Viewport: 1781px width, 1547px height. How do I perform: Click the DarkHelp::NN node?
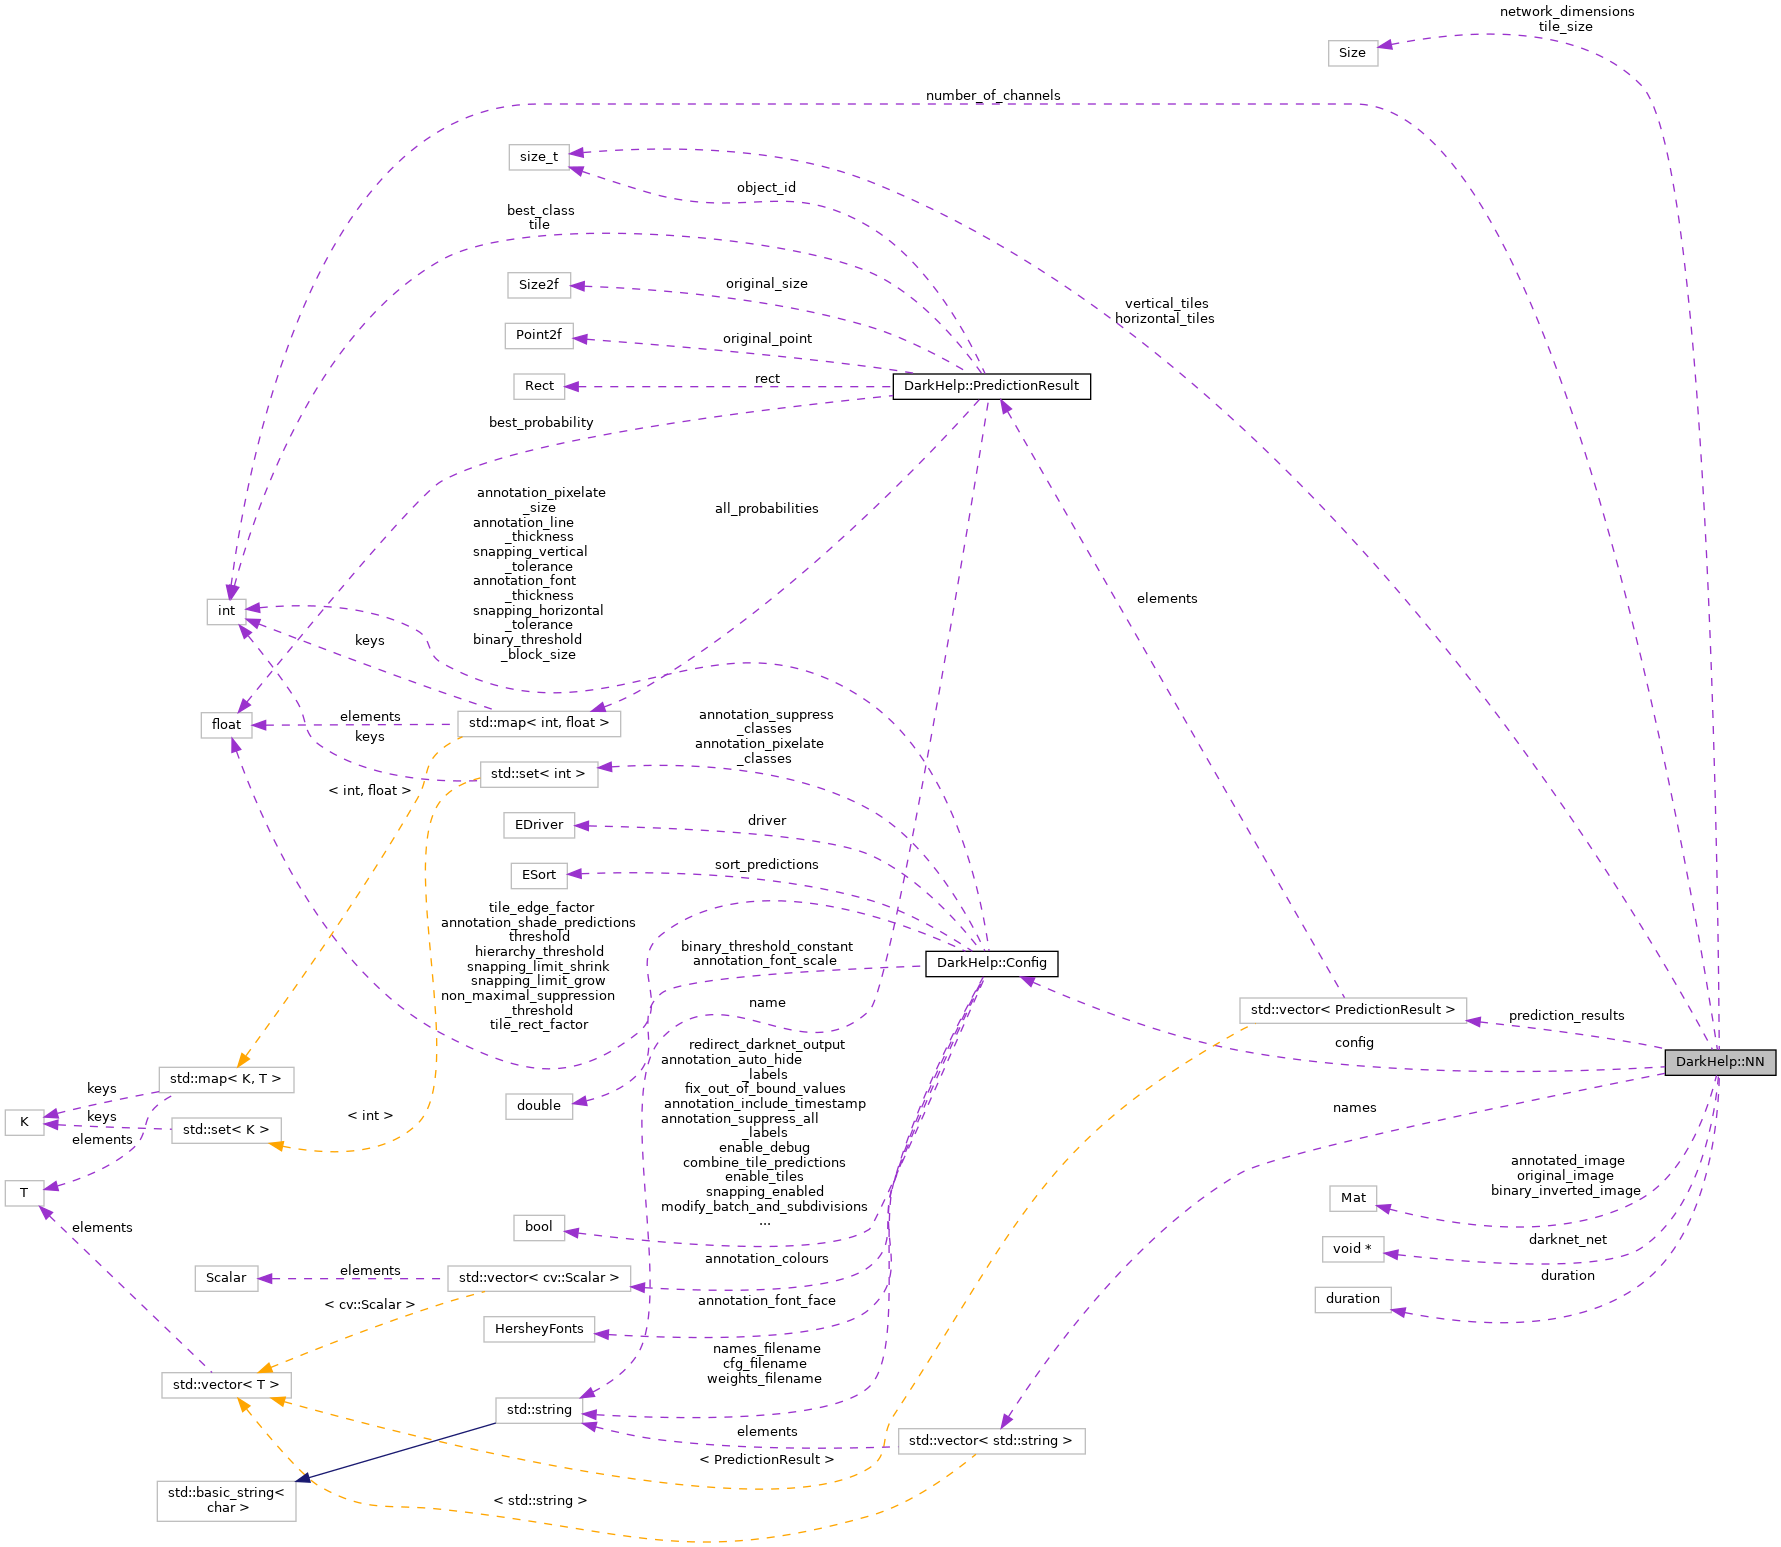tap(1719, 1062)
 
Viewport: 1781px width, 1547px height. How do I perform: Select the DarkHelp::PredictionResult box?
tap(991, 386)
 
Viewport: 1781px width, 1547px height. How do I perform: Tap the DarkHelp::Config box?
tap(991, 963)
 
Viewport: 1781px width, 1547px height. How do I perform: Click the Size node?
tap(1352, 53)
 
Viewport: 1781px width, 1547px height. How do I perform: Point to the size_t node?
tap(539, 157)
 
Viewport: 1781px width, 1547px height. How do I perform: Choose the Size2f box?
tap(538, 285)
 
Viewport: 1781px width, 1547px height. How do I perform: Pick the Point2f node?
tap(539, 335)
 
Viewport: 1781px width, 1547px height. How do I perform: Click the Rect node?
tap(539, 386)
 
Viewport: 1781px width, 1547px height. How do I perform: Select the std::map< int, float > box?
tap(538, 723)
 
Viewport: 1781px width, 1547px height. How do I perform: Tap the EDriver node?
tap(539, 825)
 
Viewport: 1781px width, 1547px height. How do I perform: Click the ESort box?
tap(539, 875)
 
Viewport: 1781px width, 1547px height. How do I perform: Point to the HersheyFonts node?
tap(539, 1329)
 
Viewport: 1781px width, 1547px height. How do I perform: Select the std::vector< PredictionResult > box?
tap(1352, 1010)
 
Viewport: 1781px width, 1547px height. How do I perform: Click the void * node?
tap(1352, 1249)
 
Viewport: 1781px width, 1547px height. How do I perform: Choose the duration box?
tap(1352, 1299)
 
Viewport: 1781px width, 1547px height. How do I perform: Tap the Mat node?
tap(1353, 1198)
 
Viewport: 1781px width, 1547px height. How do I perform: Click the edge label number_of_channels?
tap(992, 96)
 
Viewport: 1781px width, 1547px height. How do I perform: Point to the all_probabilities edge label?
tap(766, 509)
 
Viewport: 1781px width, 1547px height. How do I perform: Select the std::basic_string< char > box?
tap(226, 1500)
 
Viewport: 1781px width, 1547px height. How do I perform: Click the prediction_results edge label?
tap(1566, 1016)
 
